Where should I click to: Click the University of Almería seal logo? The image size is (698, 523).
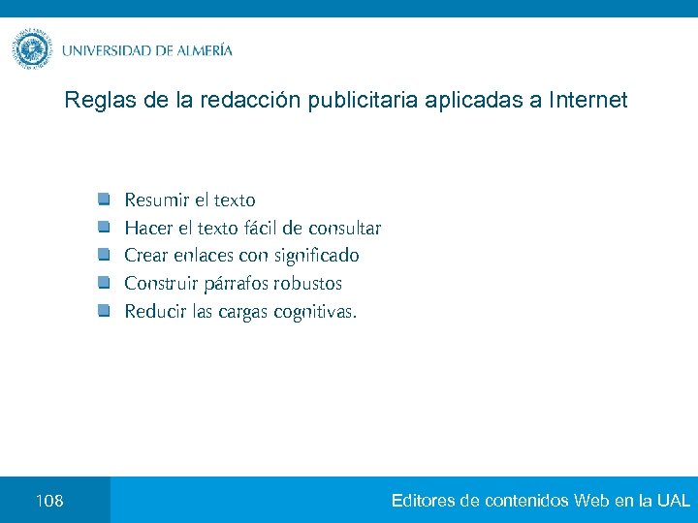[32, 48]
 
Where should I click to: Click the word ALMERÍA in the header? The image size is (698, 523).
[205, 50]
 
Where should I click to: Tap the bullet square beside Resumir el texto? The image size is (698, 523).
[104, 200]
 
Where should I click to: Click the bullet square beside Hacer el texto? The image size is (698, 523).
[104, 228]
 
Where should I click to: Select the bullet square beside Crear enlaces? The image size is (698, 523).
[104, 256]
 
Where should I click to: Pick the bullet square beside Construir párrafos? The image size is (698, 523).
[104, 284]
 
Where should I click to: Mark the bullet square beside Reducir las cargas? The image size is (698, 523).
[104, 311]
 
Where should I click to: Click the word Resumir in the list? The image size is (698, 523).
[157, 200]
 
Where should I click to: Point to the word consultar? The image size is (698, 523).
[344, 229]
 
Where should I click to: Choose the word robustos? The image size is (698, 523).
[307, 284]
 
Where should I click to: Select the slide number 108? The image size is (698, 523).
[48, 501]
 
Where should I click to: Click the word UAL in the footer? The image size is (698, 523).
[673, 501]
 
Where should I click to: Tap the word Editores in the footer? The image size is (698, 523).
[424, 501]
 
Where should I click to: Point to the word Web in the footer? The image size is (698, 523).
[591, 501]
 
